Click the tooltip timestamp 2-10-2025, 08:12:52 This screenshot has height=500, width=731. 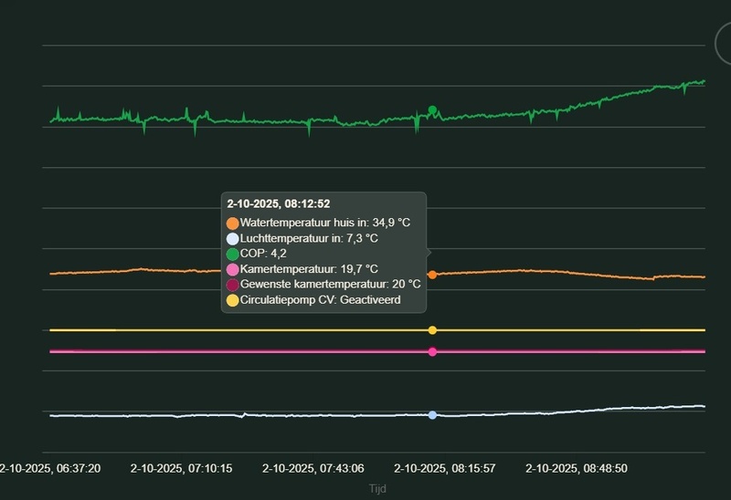click(x=279, y=203)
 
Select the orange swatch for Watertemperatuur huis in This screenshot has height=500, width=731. click(x=233, y=223)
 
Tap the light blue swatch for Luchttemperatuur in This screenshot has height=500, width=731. click(x=233, y=238)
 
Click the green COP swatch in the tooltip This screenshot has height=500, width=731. click(x=233, y=254)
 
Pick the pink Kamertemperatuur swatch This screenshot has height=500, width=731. click(x=233, y=269)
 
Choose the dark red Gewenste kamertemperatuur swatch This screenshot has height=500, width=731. click(x=233, y=285)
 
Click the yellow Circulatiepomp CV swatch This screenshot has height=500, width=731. click(x=233, y=300)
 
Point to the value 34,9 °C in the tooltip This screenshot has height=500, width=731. click(x=391, y=223)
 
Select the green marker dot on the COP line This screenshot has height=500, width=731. click(x=432, y=110)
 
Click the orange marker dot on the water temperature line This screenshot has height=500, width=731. click(x=432, y=275)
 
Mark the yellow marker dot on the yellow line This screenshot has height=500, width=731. click(x=432, y=330)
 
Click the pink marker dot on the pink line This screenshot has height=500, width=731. click(x=432, y=351)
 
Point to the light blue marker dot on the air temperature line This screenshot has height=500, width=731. click(x=432, y=415)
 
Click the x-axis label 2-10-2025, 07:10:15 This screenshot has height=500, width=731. click(x=181, y=468)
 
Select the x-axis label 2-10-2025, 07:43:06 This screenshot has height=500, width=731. click(x=313, y=468)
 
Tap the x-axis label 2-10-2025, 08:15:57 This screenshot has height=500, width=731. click(x=444, y=468)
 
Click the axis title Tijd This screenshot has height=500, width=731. click(x=377, y=489)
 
